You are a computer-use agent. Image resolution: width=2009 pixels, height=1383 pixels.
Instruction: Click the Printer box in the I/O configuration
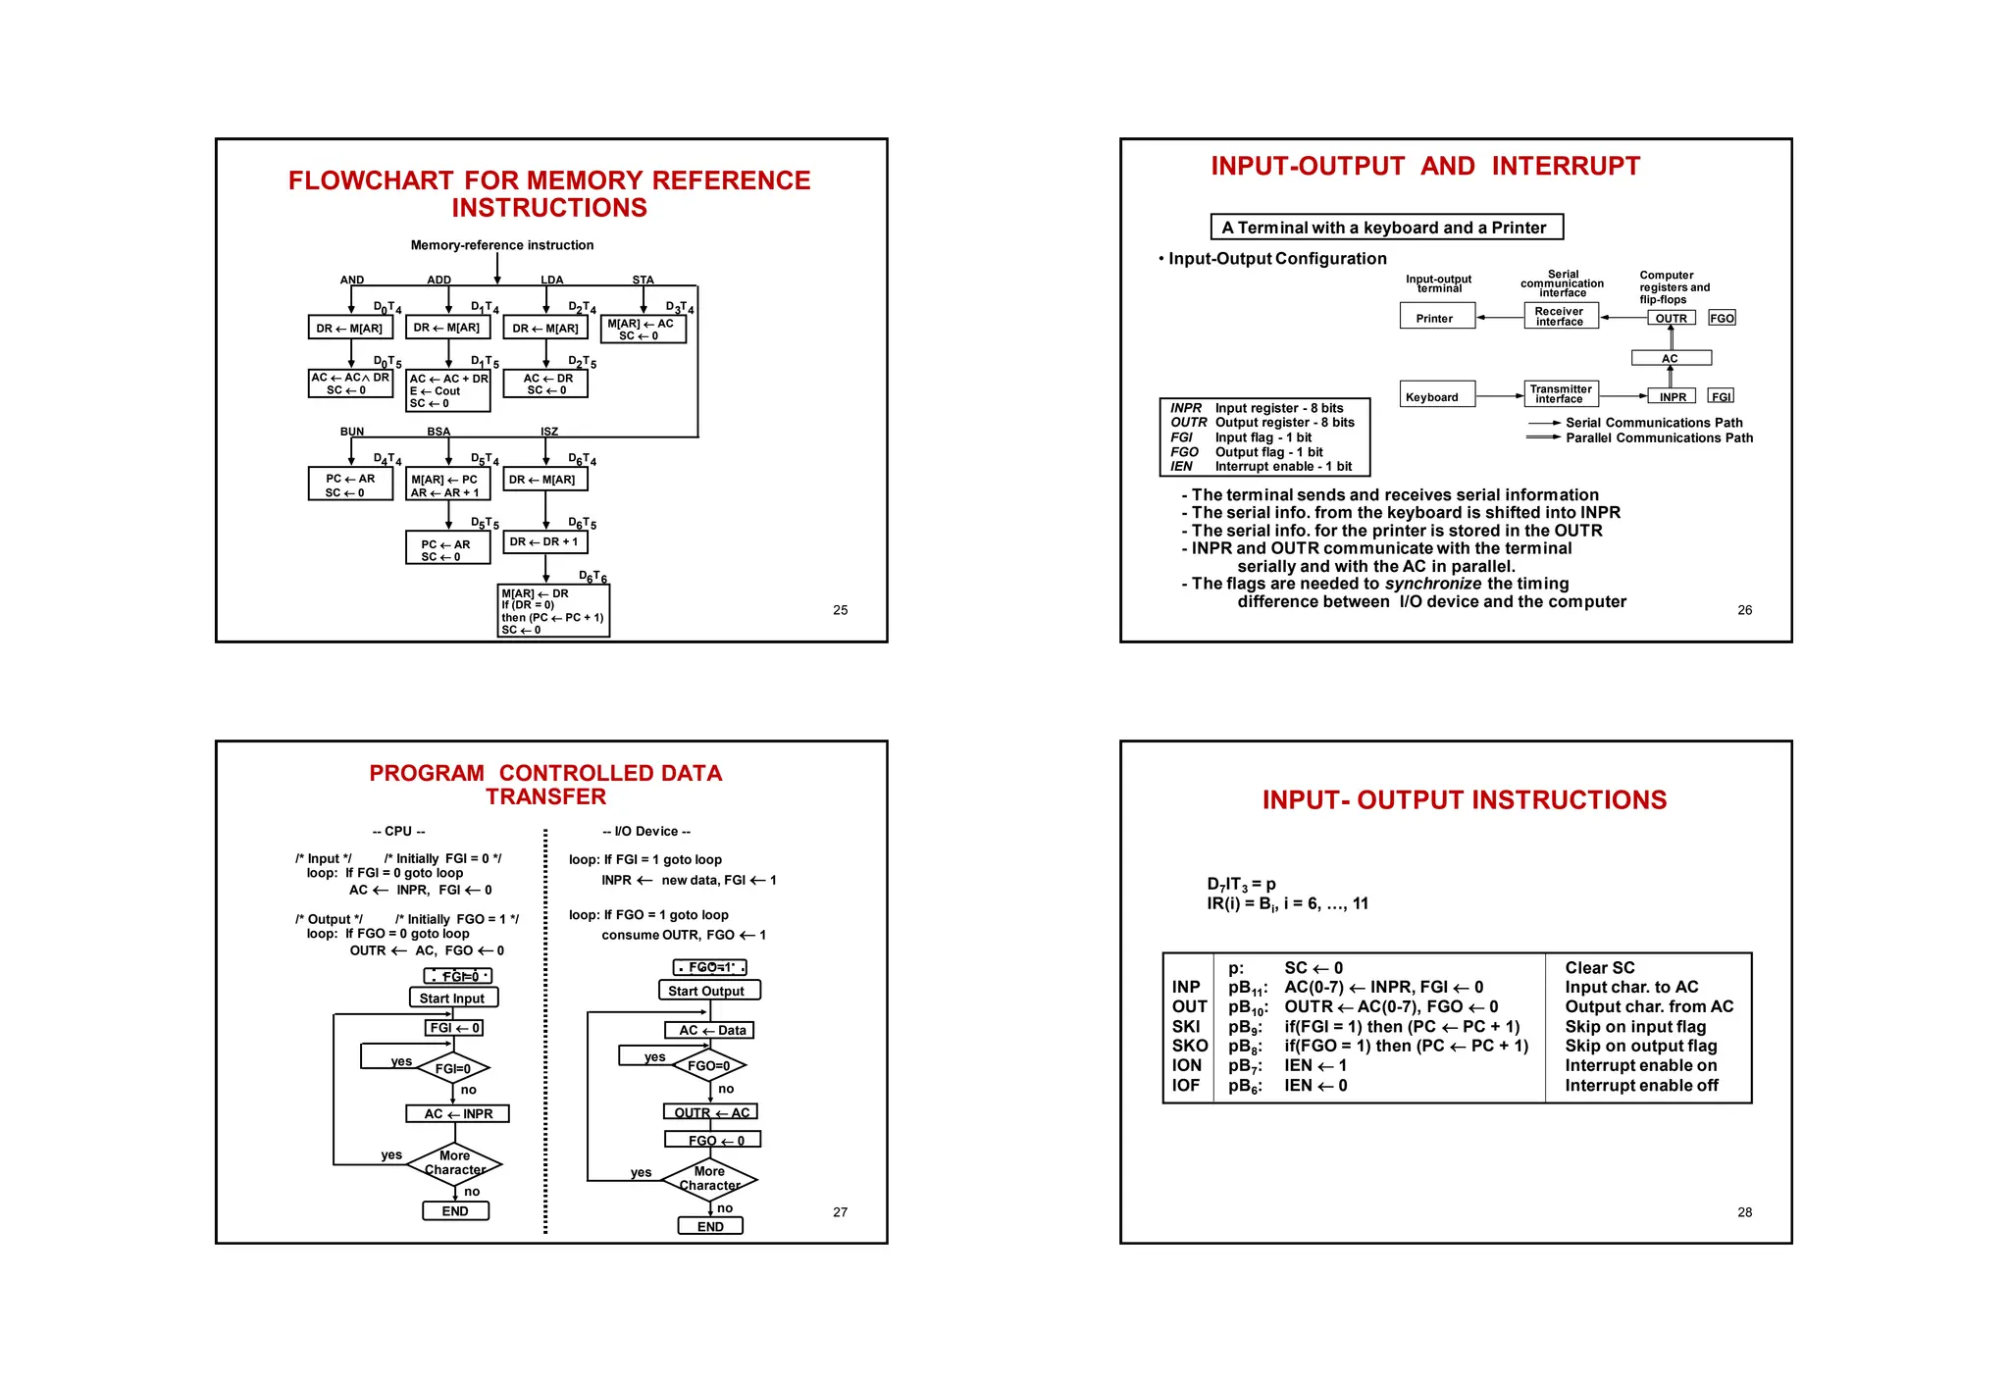pos(1436,317)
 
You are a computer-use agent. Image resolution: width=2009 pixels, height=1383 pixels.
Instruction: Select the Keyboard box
pos(1436,395)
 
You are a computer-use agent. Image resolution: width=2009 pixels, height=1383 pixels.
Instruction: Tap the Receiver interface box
pos(1560,316)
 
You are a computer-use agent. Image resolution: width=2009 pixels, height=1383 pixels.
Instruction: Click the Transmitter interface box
pos(1560,394)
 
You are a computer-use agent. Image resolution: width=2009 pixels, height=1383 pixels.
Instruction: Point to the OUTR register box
pos(1671,318)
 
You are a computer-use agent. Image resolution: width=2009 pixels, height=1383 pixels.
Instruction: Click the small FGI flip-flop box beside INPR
pos(1721,396)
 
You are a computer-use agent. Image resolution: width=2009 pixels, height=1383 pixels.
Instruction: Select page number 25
pos(840,610)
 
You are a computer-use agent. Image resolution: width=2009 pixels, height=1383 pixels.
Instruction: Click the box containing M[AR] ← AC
pos(642,329)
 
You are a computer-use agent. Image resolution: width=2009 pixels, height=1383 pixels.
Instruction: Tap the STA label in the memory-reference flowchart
pos(643,281)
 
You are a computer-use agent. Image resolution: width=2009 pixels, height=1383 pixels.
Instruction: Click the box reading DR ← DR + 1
pos(544,541)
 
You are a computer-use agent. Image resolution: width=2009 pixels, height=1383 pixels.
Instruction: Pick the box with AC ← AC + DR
pos(447,390)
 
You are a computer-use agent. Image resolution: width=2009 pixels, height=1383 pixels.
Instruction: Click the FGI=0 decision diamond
pos(452,1068)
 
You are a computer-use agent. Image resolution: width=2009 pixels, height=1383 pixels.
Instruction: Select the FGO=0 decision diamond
pos(708,1065)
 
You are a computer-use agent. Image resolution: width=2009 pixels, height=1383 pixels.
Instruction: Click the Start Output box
pos(708,991)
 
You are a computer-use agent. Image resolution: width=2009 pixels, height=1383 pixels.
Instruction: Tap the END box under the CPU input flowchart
pos(455,1210)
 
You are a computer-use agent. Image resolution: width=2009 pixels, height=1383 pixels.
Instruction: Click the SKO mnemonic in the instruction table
pos(1189,1046)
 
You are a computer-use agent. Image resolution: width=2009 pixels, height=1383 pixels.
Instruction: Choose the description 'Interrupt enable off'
pos(1640,1085)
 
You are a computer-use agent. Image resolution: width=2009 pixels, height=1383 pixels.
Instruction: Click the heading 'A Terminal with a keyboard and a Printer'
pos(1385,228)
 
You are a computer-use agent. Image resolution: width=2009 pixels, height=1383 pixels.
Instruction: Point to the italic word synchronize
pos(1432,584)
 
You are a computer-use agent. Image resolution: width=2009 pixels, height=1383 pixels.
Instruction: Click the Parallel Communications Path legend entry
pos(1658,437)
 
